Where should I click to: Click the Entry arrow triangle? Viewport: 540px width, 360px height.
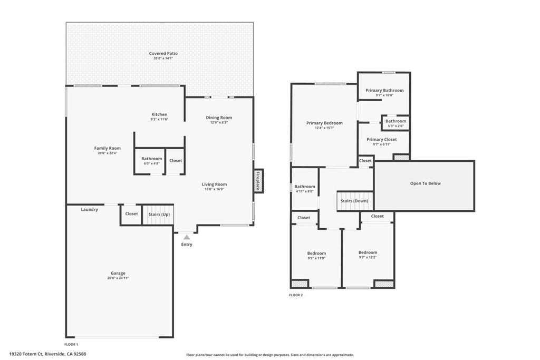click(187, 238)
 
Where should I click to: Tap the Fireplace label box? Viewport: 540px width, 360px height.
click(258, 181)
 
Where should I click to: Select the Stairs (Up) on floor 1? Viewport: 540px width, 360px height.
click(158, 215)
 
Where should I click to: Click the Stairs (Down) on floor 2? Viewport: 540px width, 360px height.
click(354, 201)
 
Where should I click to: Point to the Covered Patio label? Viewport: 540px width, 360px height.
click(163, 54)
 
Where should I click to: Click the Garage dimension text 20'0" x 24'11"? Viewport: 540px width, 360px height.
click(118, 278)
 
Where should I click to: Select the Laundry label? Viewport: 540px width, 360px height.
click(89, 209)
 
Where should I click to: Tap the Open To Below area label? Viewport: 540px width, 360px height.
click(425, 183)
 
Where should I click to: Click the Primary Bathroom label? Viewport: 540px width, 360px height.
click(384, 90)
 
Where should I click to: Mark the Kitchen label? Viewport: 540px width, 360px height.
click(159, 114)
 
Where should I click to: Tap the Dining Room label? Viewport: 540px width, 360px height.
click(219, 118)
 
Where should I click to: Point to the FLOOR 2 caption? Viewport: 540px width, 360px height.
click(296, 295)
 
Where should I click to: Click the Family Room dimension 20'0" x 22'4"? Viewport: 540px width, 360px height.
click(108, 153)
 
